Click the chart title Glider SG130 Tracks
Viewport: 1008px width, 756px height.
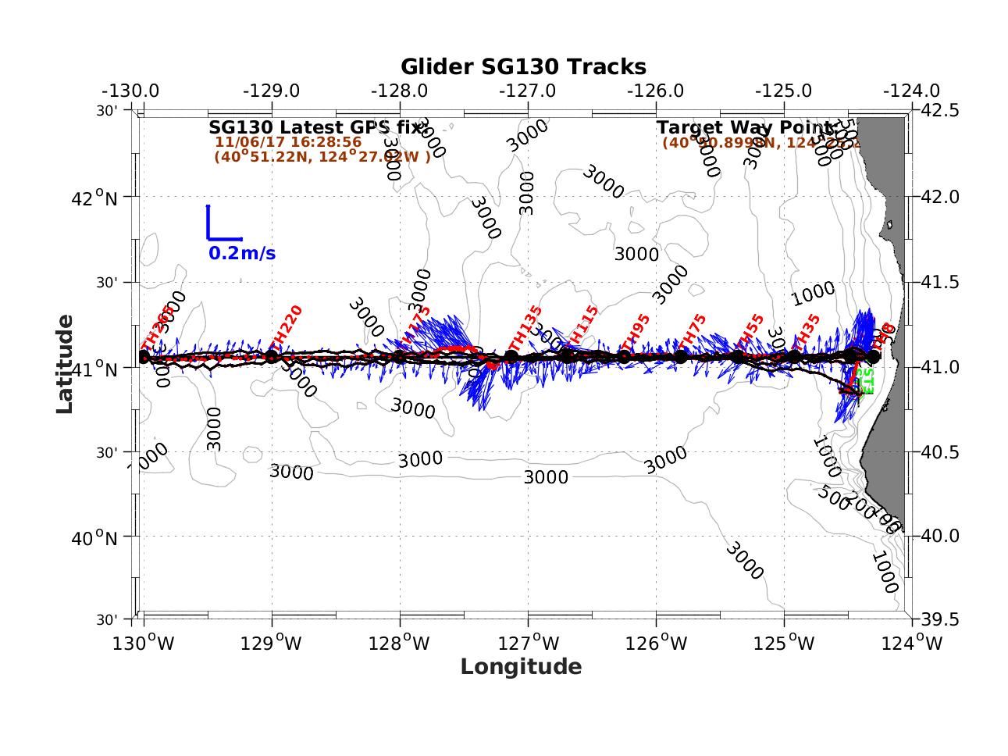pyautogui.click(x=523, y=67)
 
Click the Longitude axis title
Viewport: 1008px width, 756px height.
pyautogui.click(x=521, y=666)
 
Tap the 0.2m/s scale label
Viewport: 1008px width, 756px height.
pyautogui.click(x=241, y=254)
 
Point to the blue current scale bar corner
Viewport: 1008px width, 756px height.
pyautogui.click(x=208, y=238)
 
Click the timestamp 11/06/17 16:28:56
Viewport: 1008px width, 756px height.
pyautogui.click(x=288, y=142)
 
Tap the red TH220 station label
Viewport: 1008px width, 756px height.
pyautogui.click(x=284, y=326)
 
